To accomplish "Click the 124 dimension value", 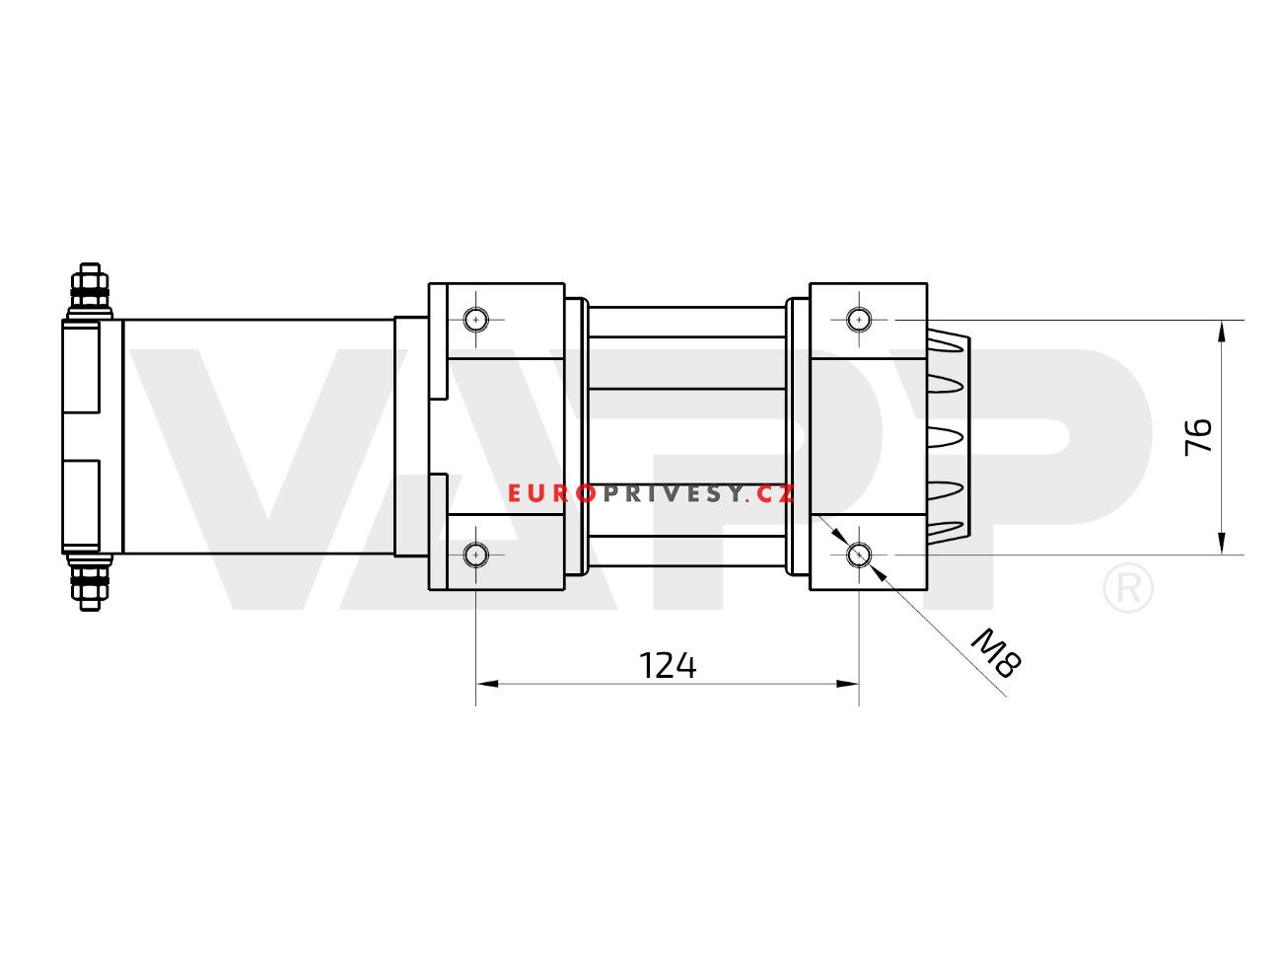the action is point(668,666).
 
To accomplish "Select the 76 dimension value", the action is point(1198,437).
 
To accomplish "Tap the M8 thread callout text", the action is point(996,653).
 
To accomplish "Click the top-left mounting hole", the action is point(476,320).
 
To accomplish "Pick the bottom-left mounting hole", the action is point(476,555).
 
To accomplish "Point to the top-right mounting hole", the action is point(859,320).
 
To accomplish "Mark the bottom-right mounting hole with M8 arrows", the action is point(859,555).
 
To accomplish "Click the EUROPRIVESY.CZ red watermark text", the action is point(651,493).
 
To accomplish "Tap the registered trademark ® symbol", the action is point(1128,588).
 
